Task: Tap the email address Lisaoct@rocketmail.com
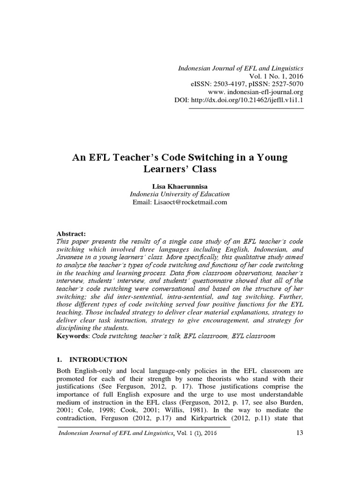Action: click(x=180, y=202)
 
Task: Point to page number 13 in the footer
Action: click(x=300, y=433)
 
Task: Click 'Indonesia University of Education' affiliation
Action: click(x=180, y=194)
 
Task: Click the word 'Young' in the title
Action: click(x=271, y=157)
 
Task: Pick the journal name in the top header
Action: click(x=240, y=68)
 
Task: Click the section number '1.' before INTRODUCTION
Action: click(x=60, y=360)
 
